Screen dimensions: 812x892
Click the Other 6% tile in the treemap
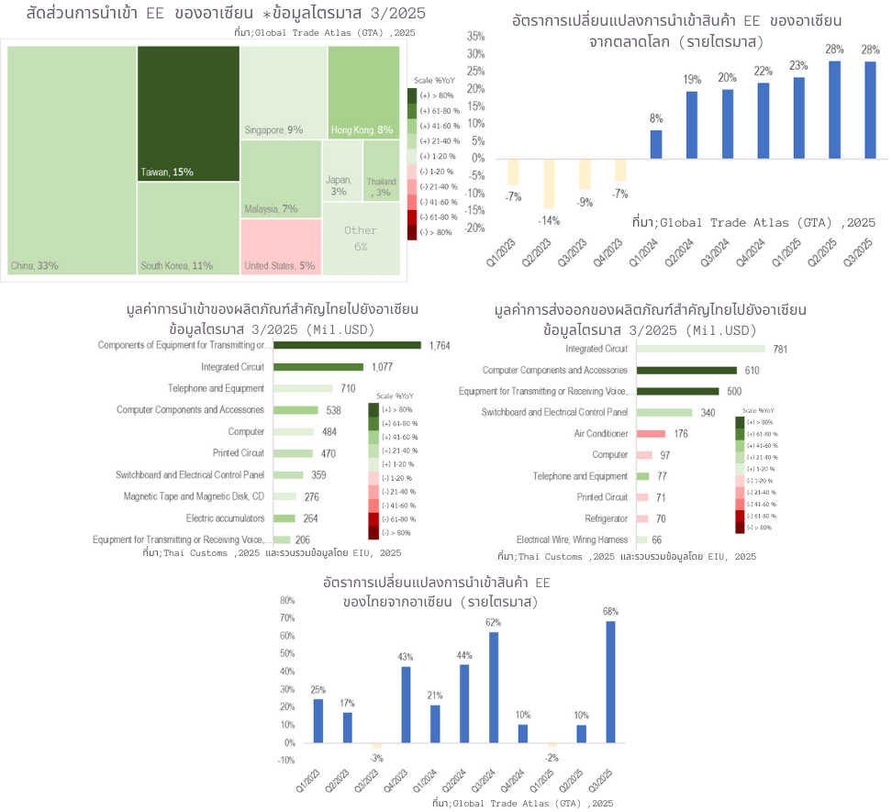coord(361,239)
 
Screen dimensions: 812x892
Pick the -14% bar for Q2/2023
coord(549,183)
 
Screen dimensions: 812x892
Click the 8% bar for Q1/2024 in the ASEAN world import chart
coord(656,144)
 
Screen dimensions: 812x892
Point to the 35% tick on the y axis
coord(475,36)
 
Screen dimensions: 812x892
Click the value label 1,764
coord(438,346)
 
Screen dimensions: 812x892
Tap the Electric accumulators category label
coord(225,518)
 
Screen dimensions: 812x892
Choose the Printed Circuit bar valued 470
coord(293,453)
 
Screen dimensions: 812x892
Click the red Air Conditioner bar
coord(650,434)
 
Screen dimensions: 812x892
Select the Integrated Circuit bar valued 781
coord(700,349)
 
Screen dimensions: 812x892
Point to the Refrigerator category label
coord(603,518)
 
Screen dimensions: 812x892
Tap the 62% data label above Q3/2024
coord(494,622)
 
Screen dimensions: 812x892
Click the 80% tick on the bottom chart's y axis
coord(286,601)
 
